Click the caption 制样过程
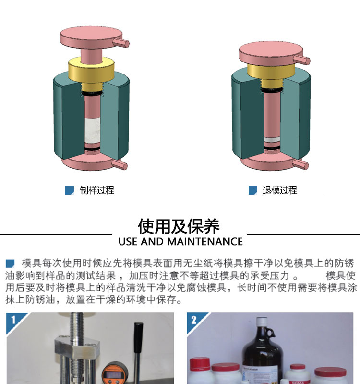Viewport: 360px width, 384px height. [x=97, y=190]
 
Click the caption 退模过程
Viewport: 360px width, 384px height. [x=280, y=190]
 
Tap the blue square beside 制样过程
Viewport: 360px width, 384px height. [x=70, y=190]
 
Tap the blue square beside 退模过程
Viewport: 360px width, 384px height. [x=253, y=190]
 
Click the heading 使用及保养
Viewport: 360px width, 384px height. [x=179, y=226]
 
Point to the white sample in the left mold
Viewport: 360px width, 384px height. [x=92, y=130]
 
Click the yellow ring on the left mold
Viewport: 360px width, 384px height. [x=91, y=70]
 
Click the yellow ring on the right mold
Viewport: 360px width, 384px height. [x=271, y=72]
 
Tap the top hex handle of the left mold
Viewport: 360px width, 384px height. [x=121, y=43]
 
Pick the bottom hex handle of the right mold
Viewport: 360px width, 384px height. [x=300, y=163]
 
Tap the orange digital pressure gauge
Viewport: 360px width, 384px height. [x=112, y=373]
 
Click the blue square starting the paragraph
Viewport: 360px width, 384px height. [x=10, y=263]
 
